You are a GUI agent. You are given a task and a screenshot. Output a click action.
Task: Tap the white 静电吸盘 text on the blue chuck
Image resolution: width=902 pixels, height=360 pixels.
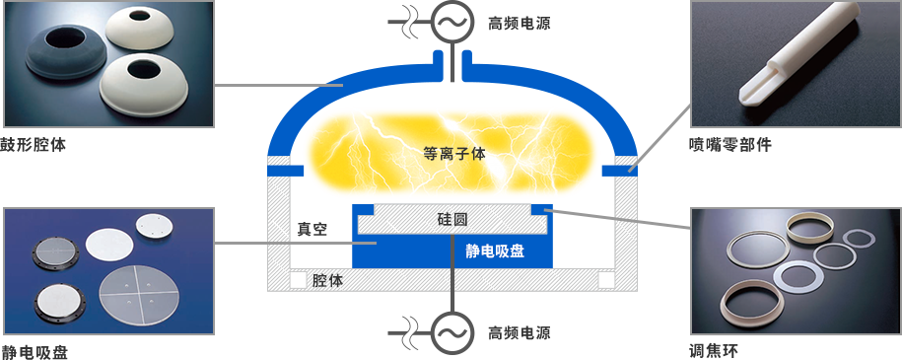coord(495,251)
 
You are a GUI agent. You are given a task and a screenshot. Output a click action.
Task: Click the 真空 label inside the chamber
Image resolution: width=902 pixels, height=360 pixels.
coord(312,229)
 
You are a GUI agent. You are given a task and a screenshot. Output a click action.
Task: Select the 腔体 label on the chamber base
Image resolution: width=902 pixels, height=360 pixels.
coord(327,280)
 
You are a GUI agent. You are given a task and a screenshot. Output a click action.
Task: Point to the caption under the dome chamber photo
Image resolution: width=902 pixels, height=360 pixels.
coord(35,144)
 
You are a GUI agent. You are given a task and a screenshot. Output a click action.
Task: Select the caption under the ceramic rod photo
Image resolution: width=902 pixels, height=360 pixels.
coord(729,144)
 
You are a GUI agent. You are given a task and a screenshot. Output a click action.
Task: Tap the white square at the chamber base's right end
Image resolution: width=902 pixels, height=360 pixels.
coord(605,280)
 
